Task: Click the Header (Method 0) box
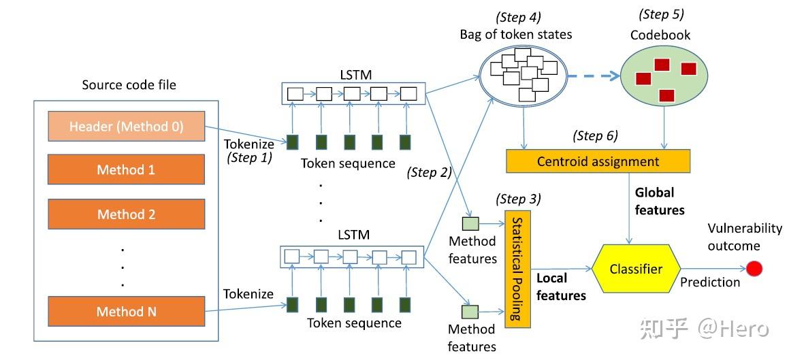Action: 126,127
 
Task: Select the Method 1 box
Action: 126,169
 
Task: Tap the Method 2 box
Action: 126,214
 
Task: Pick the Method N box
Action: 126,312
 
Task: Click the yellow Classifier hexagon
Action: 635,269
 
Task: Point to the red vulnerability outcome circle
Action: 754,269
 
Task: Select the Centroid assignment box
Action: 598,161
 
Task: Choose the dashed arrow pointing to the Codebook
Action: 590,75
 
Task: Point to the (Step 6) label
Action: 595,135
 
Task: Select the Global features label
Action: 660,202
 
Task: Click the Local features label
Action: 561,287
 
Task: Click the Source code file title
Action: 129,85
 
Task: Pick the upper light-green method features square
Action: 470,223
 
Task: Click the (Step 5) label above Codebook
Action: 661,14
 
